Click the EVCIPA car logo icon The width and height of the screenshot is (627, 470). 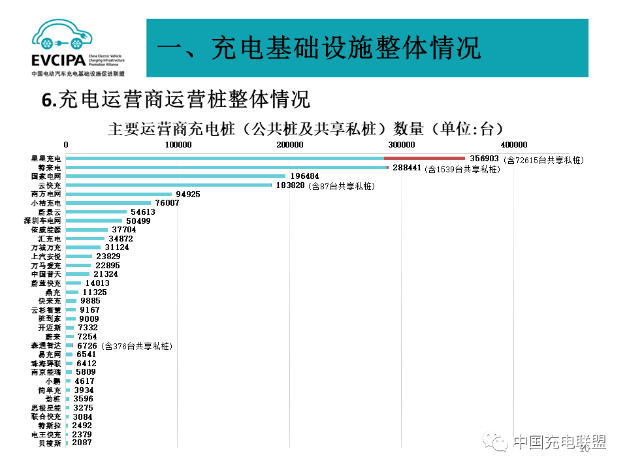[61, 38]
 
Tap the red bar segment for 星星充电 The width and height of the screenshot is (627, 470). [424, 158]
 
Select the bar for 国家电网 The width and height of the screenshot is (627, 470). [176, 176]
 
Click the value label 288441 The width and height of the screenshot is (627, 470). [408, 168]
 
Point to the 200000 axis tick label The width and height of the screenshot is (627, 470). [289, 144]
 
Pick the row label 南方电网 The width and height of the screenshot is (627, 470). [46, 194]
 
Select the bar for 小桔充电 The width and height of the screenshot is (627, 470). [108, 203]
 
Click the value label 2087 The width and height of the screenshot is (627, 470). [82, 443]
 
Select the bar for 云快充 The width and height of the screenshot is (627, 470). [169, 185]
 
